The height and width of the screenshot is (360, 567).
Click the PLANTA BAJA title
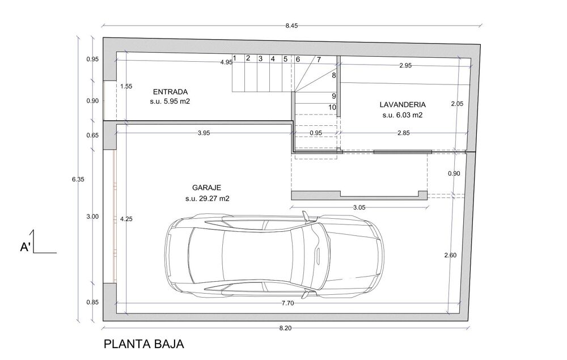pyautogui.click(x=143, y=344)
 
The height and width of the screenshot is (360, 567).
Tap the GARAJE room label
pyautogui.click(x=206, y=188)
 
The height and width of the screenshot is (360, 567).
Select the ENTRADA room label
pyautogui.click(x=170, y=91)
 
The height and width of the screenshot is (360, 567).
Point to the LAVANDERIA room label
pyautogui.click(x=403, y=105)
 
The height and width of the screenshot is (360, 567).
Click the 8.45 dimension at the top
pyautogui.click(x=291, y=26)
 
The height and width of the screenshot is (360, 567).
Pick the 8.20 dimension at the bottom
pyautogui.click(x=285, y=328)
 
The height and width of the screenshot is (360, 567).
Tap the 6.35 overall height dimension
pyautogui.click(x=78, y=179)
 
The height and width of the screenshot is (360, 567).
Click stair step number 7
pyautogui.click(x=319, y=60)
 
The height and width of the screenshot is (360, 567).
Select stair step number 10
pyautogui.click(x=332, y=107)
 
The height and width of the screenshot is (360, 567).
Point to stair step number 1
pyautogui.click(x=234, y=58)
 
